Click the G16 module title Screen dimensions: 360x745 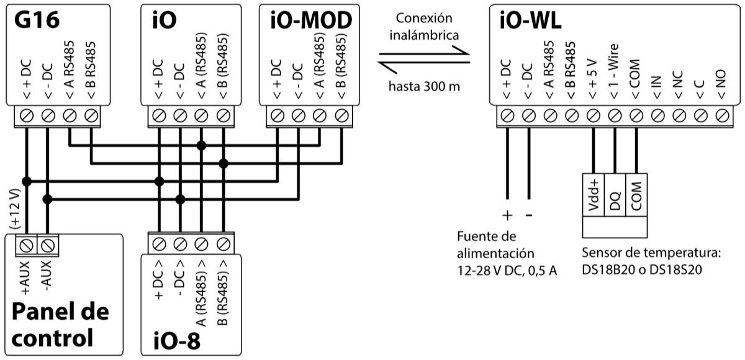point(37,20)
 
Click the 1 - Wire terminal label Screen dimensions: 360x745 point(615,75)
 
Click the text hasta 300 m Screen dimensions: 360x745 point(425,86)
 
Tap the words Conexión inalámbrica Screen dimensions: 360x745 point(425,25)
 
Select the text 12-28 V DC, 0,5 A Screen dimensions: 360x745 point(507,271)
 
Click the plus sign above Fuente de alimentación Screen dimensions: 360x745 point(507,215)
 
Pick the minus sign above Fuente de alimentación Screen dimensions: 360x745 point(530,215)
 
